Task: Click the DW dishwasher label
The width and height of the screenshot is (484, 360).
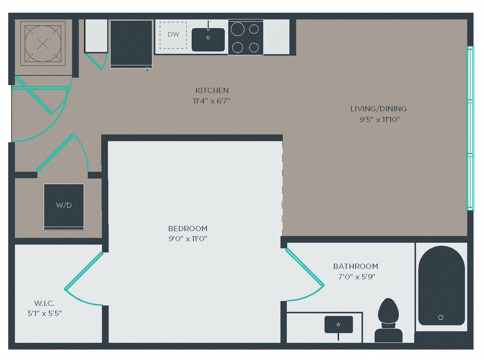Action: pos(174,34)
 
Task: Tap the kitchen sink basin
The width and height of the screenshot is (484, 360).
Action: pos(208,40)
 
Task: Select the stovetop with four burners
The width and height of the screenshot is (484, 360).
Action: pos(245,37)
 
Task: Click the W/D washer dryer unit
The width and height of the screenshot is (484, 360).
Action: pos(64,207)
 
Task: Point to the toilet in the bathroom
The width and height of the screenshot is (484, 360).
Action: pos(388,320)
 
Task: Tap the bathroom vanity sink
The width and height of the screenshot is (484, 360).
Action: pos(338,325)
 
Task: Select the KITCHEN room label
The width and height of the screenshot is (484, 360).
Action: pos(212,90)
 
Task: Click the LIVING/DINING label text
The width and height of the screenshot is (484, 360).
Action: pos(378,109)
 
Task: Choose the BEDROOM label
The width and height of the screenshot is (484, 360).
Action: pos(188,229)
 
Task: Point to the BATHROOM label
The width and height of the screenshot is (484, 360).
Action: pos(356,266)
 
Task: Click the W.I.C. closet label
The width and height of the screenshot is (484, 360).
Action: pos(44,303)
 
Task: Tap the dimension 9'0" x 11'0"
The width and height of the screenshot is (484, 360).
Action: pos(188,239)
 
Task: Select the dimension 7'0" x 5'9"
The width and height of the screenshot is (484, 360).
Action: pos(356,277)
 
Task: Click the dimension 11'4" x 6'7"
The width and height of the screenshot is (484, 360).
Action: pos(211,101)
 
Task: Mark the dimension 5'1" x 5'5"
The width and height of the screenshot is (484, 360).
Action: pos(45,314)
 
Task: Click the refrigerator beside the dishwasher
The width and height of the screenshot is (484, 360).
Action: pos(131,44)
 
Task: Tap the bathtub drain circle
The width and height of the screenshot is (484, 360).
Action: pos(441,317)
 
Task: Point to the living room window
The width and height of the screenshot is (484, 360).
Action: pos(470,128)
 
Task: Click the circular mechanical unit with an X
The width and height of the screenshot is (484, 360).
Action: pos(43,43)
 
